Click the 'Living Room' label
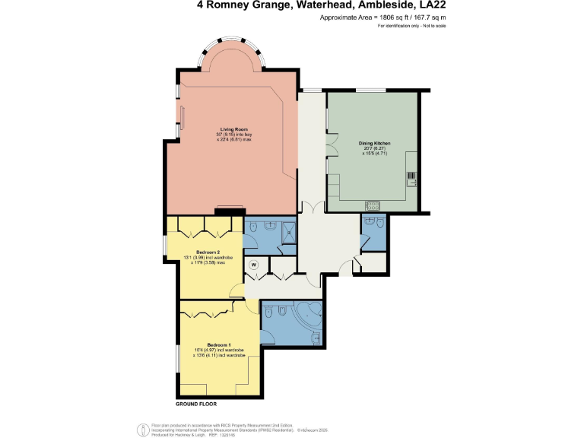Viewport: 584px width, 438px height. coord(234,129)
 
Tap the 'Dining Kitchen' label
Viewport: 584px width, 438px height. coord(371,142)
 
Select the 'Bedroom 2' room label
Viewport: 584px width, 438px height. coord(208,252)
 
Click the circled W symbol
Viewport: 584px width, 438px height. coord(255,265)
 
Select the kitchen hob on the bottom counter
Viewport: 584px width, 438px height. coord(373,205)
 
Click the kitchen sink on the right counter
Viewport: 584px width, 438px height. coord(411,179)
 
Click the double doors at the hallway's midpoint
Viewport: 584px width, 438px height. coord(312,207)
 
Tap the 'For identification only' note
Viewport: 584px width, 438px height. coord(411,26)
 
